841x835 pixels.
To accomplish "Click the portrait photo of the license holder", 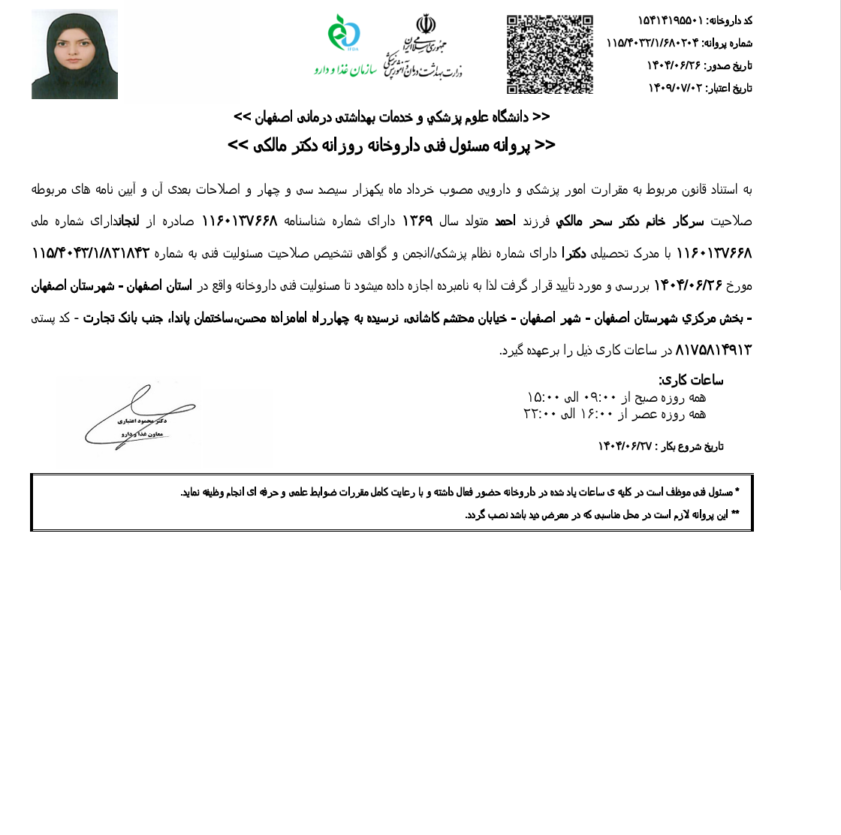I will [x=74, y=54].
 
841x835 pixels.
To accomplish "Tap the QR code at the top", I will [x=550, y=54].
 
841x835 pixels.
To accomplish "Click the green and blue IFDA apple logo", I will [x=344, y=34].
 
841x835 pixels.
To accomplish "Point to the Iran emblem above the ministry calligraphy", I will [x=426, y=25].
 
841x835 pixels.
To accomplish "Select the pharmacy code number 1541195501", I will [x=670, y=20].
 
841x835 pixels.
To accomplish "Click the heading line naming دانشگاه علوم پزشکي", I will [x=392, y=117].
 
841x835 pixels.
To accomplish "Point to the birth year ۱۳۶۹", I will [x=417, y=222].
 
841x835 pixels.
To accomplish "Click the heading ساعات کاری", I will [x=691, y=380].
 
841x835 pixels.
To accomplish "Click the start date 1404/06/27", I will [x=625, y=446].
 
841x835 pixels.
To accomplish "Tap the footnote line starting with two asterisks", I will [x=601, y=514].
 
